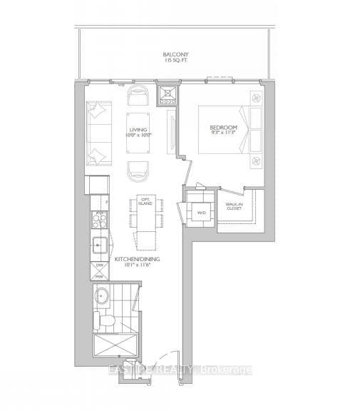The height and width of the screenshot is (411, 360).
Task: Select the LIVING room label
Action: tap(138, 130)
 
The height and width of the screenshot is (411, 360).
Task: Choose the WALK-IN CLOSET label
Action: tap(235, 207)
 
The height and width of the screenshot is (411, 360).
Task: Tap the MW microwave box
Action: tap(100, 275)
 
